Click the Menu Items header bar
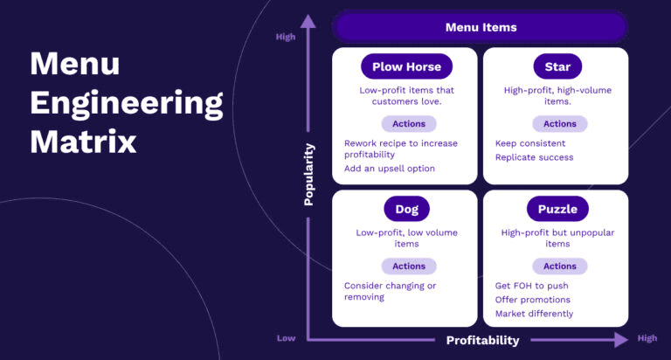tap(481, 27)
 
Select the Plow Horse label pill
tap(406, 66)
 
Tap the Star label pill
tap(557, 66)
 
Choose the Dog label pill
tap(406, 209)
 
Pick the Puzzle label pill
tap(557, 209)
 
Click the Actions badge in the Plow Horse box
tap(408, 124)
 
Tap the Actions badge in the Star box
tap(560, 124)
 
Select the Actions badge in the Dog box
tap(408, 267)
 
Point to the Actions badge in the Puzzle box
tap(560, 267)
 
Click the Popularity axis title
tap(308, 175)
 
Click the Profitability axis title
tap(482, 340)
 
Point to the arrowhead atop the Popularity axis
tap(307, 21)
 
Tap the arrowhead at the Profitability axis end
tap(620, 339)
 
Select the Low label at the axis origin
tap(286, 338)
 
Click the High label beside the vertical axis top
tap(286, 37)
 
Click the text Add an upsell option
tap(389, 169)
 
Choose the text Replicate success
tap(534, 157)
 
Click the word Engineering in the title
tap(127, 103)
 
